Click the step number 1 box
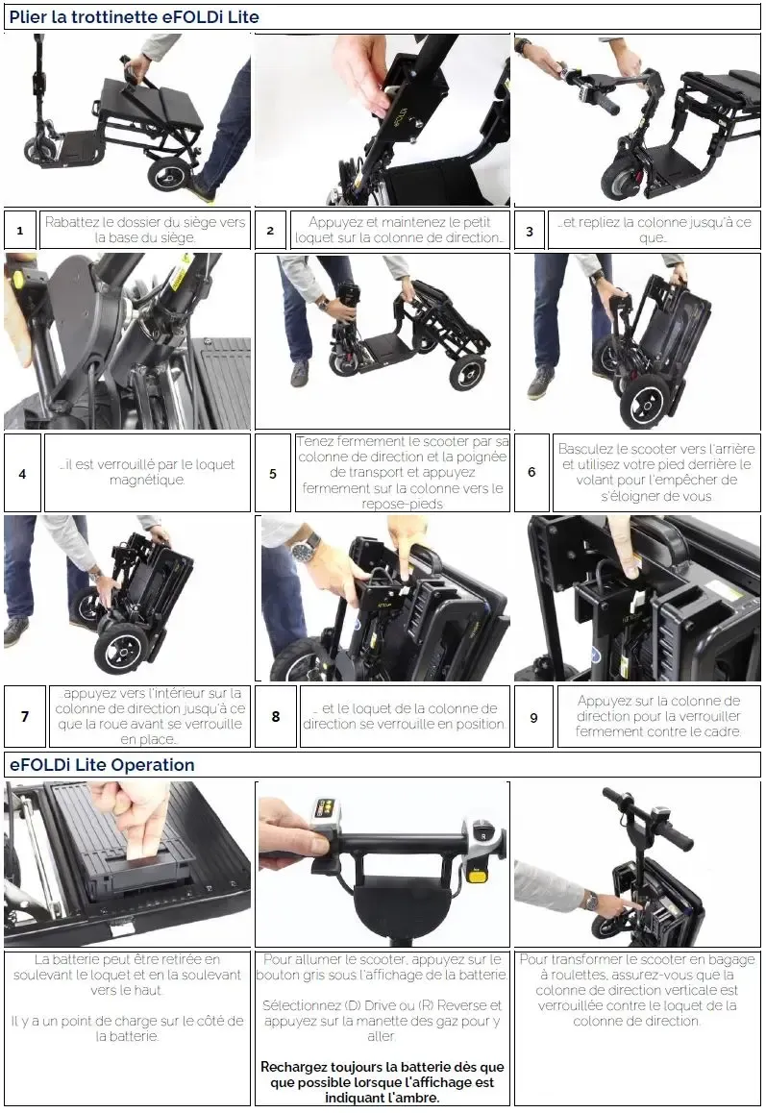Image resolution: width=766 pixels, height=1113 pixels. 20,230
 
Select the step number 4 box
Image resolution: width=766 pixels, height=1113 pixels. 22,474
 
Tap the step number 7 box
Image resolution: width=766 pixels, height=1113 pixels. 25,716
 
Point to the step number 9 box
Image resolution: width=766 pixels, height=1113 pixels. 533,717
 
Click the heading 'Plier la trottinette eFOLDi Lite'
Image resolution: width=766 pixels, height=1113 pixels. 135,17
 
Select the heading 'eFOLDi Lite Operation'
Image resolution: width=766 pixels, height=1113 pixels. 102,765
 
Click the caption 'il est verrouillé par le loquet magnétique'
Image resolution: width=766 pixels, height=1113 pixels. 147,472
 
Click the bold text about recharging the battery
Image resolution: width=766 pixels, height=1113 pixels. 382,1082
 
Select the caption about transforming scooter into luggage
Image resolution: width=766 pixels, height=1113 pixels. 637,990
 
